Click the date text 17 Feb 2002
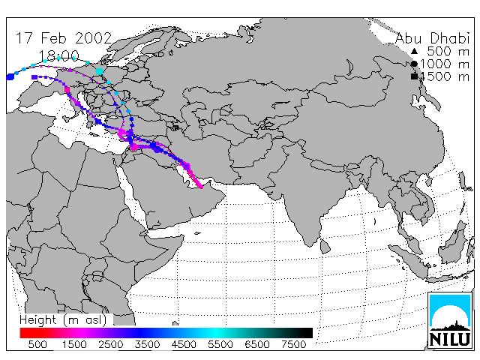pyautogui.click(x=64, y=38)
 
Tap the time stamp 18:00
pyautogui.click(x=59, y=56)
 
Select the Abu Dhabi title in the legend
pyautogui.click(x=432, y=38)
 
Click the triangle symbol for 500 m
pyautogui.click(x=414, y=51)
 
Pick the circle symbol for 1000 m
pyautogui.click(x=414, y=64)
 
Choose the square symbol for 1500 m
pyautogui.click(x=414, y=76)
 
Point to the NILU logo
pyautogui.click(x=450, y=320)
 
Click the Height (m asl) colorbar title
pyautogui.click(x=63, y=320)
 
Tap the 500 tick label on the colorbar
pyautogui.click(x=37, y=344)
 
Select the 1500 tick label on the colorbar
pyautogui.click(x=74, y=344)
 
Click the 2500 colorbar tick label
pyautogui.click(x=111, y=344)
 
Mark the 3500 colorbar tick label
pyautogui.click(x=147, y=344)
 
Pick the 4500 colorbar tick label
pyautogui.click(x=184, y=344)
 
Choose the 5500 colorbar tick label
pyautogui.click(x=220, y=344)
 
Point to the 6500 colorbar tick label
pyautogui.click(x=257, y=344)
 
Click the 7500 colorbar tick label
pyautogui.click(x=293, y=344)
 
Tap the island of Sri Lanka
pyautogui.click(x=325, y=247)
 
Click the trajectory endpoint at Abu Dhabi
pyautogui.click(x=201, y=187)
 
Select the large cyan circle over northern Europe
pyautogui.click(x=100, y=72)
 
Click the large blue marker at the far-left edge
pyautogui.click(x=10, y=76)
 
